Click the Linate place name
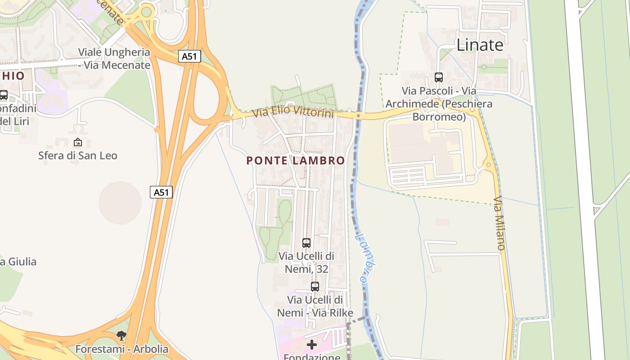pyautogui.click(x=480, y=45)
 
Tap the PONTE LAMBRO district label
pyautogui.click(x=296, y=161)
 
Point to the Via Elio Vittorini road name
pyautogui.click(x=293, y=111)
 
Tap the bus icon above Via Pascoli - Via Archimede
pyautogui.click(x=439, y=77)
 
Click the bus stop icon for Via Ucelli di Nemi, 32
pyautogui.click(x=306, y=243)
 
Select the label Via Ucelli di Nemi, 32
pyautogui.click(x=306, y=262)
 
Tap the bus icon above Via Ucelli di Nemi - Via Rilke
pyautogui.click(x=315, y=286)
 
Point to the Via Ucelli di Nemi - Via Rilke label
pyautogui.click(x=315, y=306)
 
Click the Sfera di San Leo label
pyautogui.click(x=77, y=156)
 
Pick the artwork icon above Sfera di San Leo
pyautogui.click(x=77, y=142)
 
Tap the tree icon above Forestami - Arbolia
pyautogui.click(x=121, y=335)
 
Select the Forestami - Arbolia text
pyautogui.click(x=121, y=349)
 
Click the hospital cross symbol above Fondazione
pyautogui.click(x=311, y=345)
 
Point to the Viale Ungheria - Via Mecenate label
pyautogui.click(x=114, y=58)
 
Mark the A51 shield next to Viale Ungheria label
pyautogui.click(x=189, y=56)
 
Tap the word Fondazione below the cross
pyautogui.click(x=311, y=357)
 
